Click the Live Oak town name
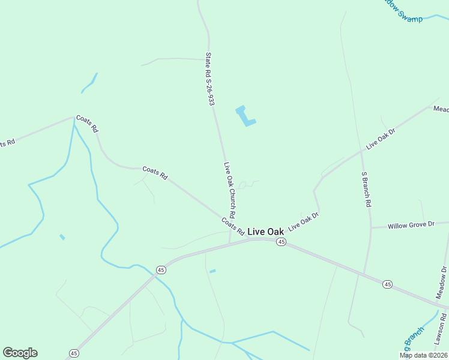click(265, 232)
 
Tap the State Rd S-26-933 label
click(209, 79)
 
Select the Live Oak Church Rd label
click(229, 190)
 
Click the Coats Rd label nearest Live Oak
click(233, 226)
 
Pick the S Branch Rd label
click(366, 189)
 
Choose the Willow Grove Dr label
click(411, 225)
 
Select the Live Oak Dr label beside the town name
click(303, 221)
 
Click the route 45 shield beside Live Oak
click(280, 242)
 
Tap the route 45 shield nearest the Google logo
click(73, 353)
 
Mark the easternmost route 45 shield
click(388, 284)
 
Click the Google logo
click(20, 353)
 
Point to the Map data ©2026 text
click(423, 355)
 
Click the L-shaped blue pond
click(246, 116)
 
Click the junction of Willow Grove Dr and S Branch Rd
click(371, 228)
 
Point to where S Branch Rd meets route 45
click(364, 274)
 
